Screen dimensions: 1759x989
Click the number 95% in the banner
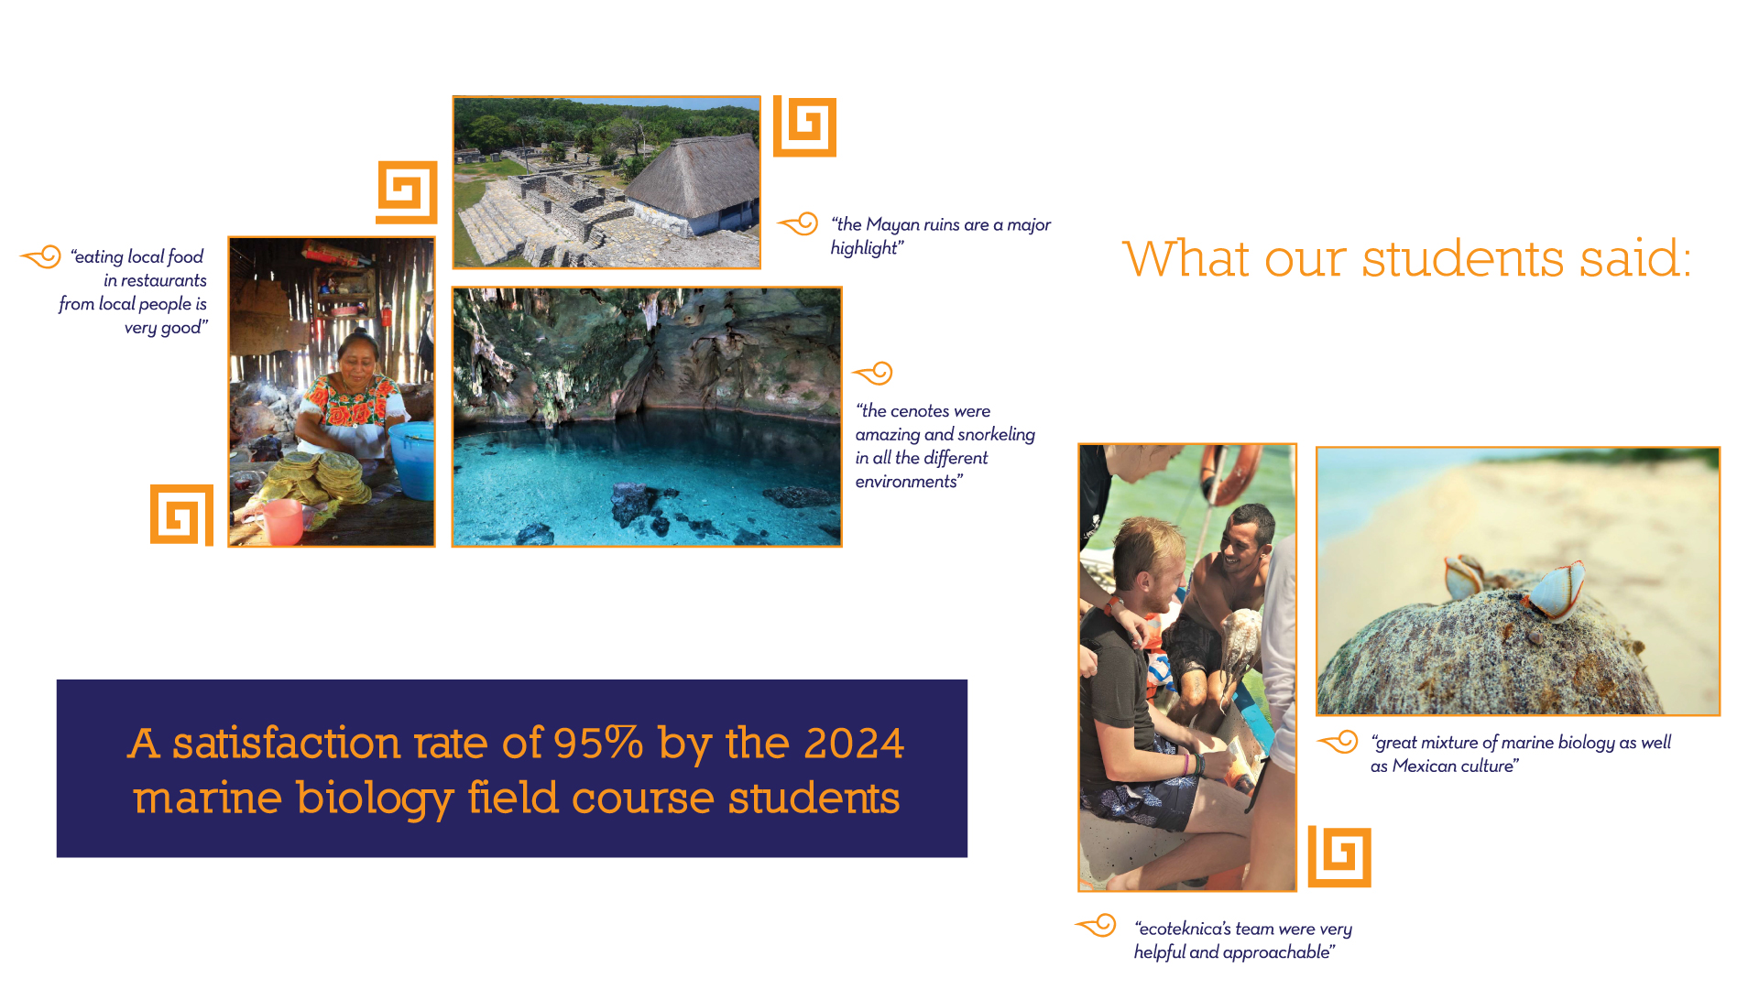598,743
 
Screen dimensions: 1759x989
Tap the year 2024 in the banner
854,743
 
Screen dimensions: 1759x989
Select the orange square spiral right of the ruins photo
805,126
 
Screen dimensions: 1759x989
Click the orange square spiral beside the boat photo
1339,856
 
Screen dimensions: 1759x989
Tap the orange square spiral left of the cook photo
181,515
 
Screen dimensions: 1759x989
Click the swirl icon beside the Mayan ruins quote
799,223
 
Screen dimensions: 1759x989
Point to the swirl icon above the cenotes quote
873,373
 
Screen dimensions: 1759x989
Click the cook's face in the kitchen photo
357,359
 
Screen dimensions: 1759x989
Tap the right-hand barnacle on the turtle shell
1555,591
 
